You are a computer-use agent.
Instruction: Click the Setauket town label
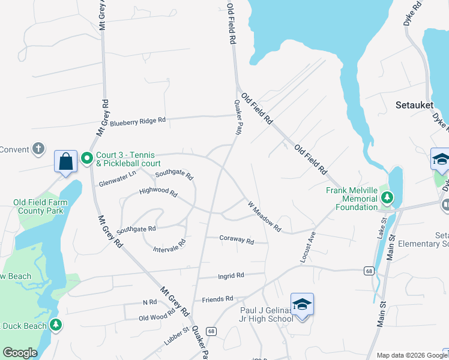(x=414, y=104)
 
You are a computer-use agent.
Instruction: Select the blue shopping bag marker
(x=65, y=161)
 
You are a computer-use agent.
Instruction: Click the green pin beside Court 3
(x=86, y=158)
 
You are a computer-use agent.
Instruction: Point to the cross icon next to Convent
(x=38, y=149)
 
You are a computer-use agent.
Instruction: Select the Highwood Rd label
(x=158, y=193)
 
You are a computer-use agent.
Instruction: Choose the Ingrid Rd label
(x=231, y=276)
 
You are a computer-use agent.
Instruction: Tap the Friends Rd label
(x=217, y=299)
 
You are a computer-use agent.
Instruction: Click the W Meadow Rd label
(x=265, y=216)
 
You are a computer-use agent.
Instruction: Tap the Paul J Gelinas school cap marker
(x=303, y=305)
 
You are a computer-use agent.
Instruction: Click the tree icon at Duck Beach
(x=56, y=325)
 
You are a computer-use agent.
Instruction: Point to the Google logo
(x=20, y=353)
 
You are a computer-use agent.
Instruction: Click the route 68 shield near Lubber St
(x=210, y=331)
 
